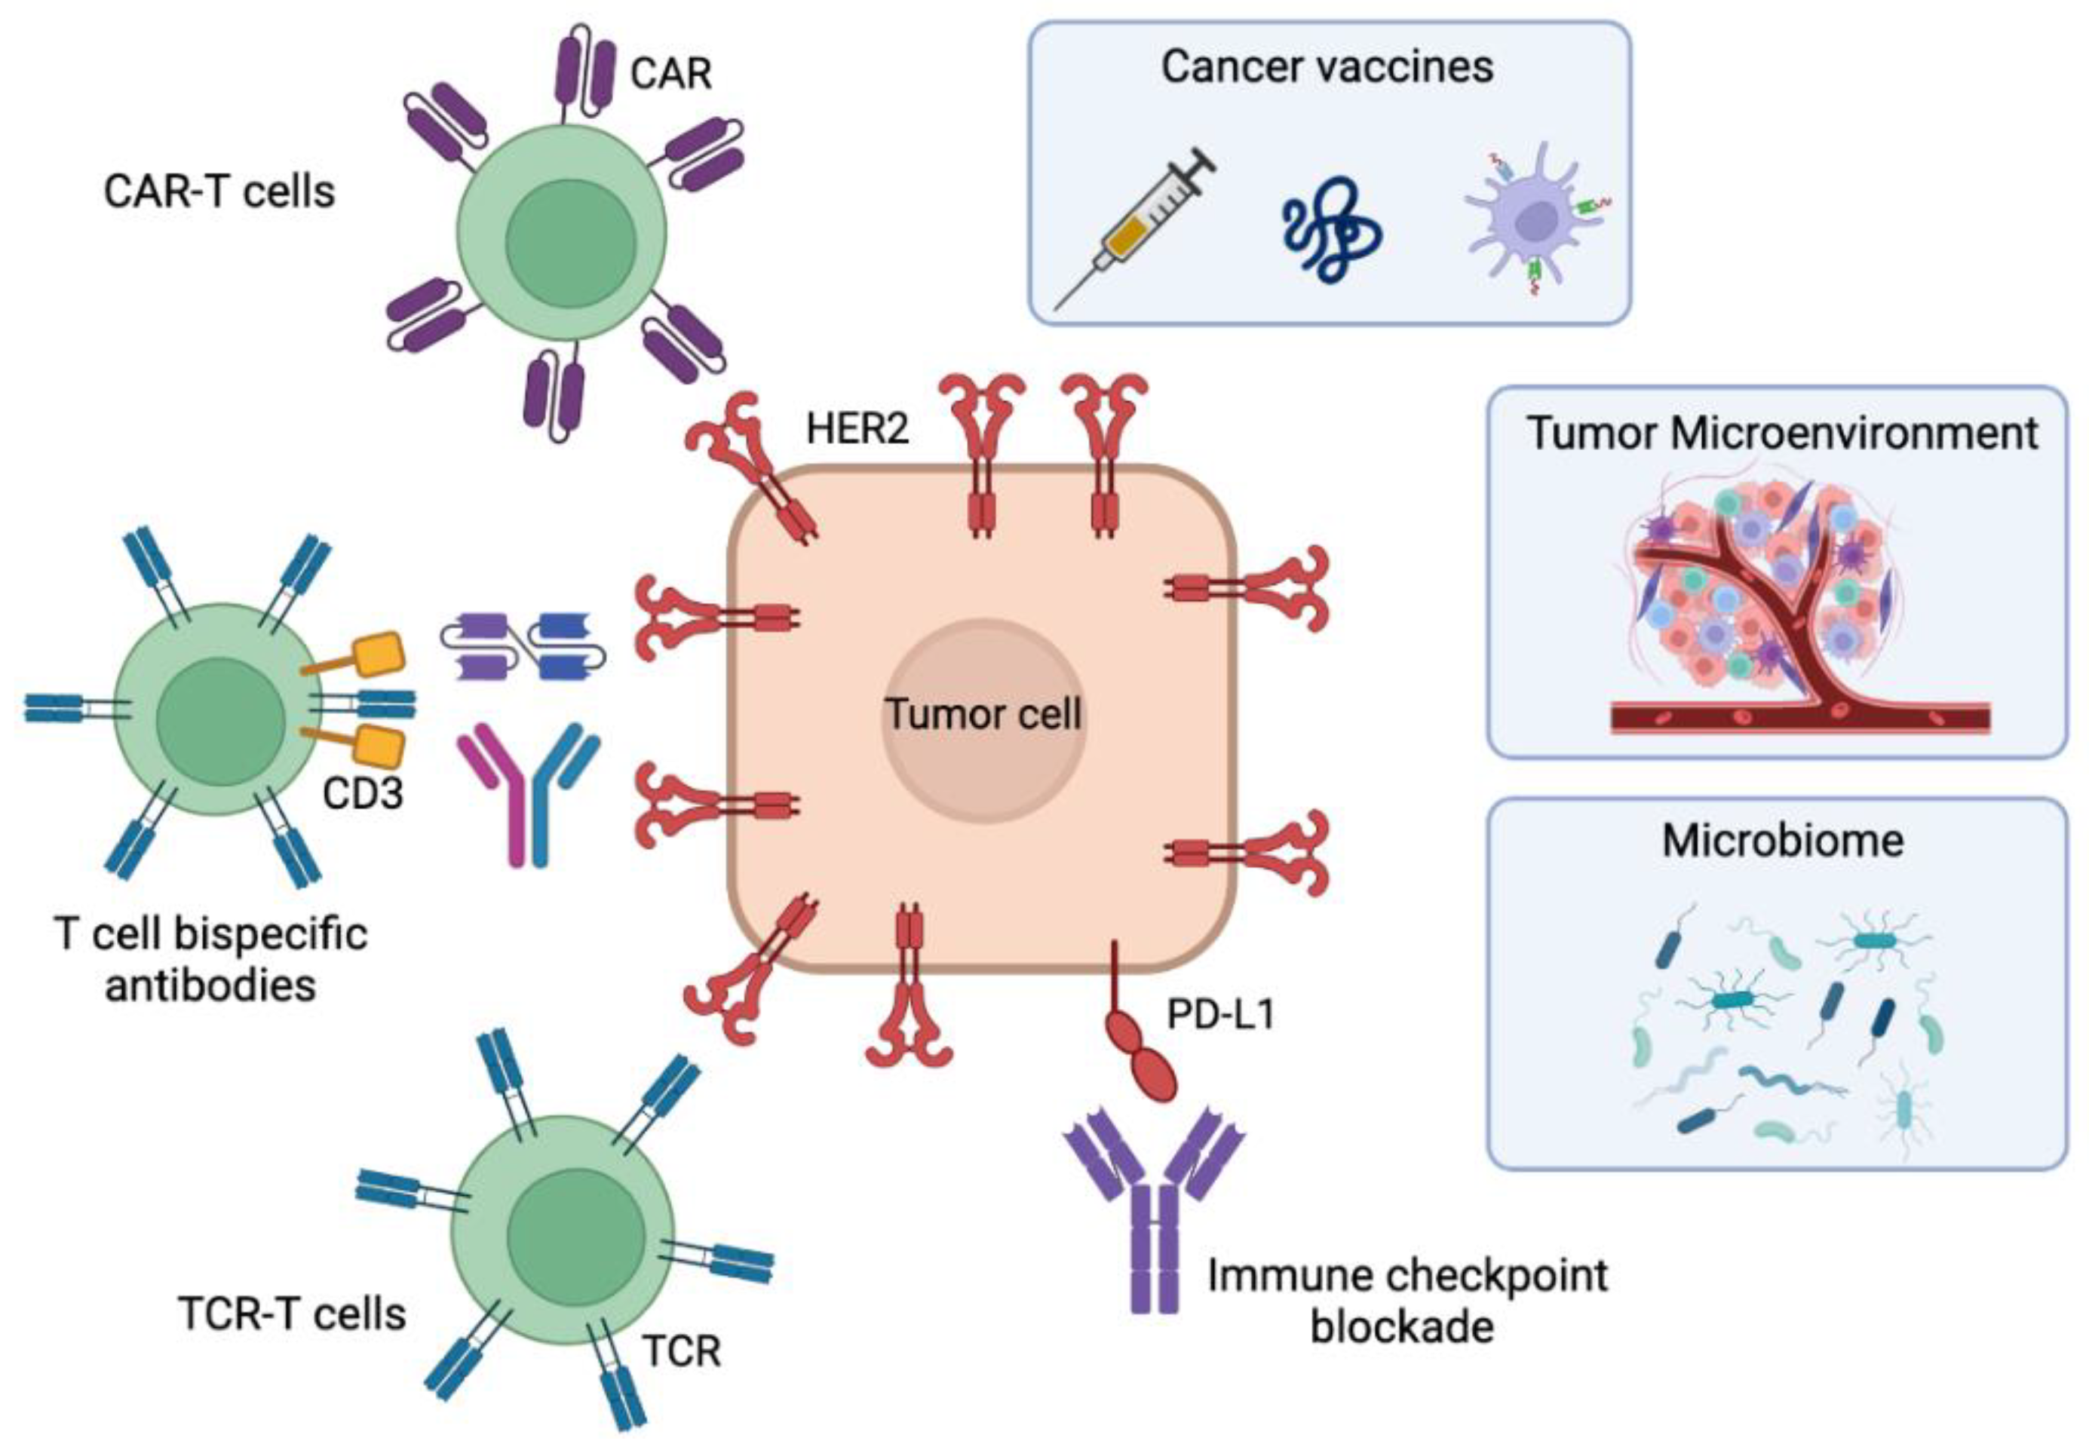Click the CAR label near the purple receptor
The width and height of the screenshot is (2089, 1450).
pyautogui.click(x=670, y=72)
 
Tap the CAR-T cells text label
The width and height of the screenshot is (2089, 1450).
pyautogui.click(x=219, y=192)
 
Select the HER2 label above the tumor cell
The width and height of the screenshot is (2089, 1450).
pyautogui.click(x=857, y=428)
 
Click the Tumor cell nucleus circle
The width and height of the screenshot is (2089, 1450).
pyautogui.click(x=984, y=719)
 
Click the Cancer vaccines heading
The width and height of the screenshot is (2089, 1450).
pyautogui.click(x=1327, y=66)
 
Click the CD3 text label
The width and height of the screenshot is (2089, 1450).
pyautogui.click(x=362, y=794)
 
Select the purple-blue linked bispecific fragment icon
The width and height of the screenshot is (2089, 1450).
pyautogui.click(x=523, y=647)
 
